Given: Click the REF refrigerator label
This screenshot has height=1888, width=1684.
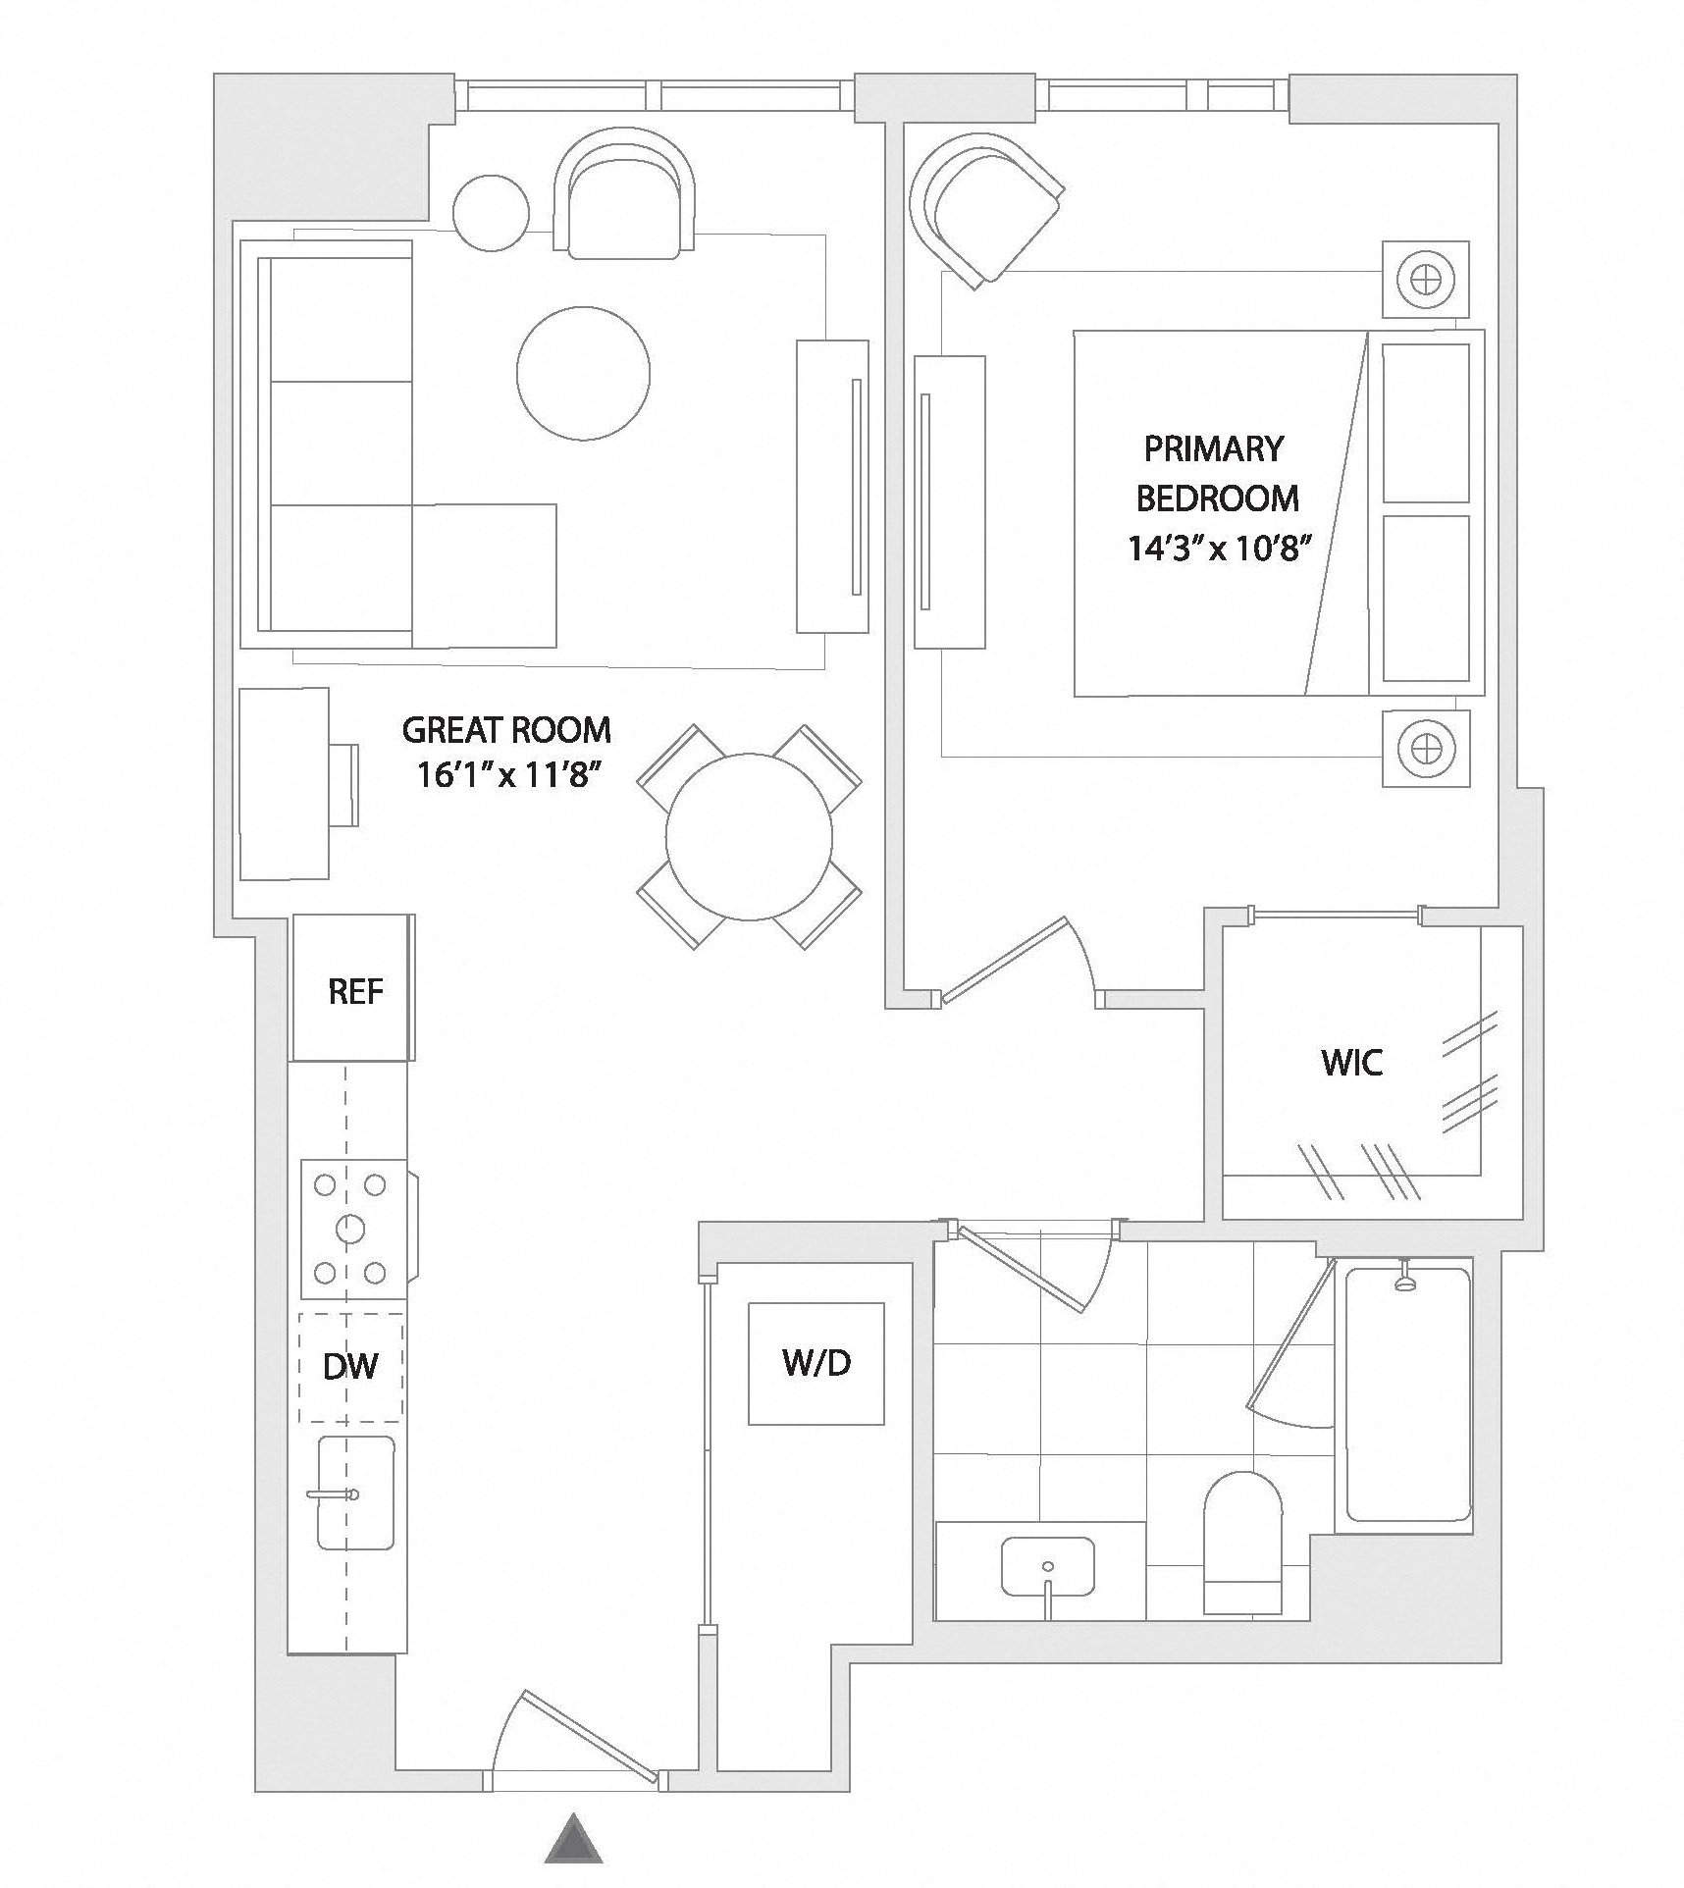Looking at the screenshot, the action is click(x=355, y=991).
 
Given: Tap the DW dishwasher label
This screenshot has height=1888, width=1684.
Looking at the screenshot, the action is click(x=350, y=1366).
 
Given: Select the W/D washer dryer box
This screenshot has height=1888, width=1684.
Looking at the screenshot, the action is click(x=816, y=1363).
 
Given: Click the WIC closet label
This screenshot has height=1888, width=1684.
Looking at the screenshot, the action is click(x=1351, y=1062).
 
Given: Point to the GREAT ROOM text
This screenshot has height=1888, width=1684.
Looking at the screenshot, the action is click(x=506, y=730).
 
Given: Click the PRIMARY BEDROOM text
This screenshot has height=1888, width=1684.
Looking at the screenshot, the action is click(x=1217, y=473).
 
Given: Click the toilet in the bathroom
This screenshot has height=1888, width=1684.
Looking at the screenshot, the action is click(x=1242, y=1542).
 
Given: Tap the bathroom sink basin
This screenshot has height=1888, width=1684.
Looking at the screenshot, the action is click(x=1048, y=1566).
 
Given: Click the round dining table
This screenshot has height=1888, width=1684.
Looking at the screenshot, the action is click(x=749, y=837).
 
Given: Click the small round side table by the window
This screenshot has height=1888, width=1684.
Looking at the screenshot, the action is click(x=491, y=211).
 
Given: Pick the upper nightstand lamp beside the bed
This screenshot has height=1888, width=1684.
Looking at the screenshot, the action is click(x=1425, y=280).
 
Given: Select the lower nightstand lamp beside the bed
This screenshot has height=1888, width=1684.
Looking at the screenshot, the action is click(x=1425, y=748).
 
